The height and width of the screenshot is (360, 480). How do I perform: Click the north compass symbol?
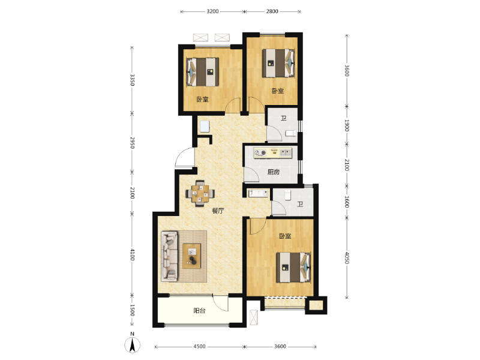(132, 344)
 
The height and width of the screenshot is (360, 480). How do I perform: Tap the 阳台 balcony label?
(199, 311)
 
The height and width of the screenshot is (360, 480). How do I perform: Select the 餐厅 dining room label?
(218, 211)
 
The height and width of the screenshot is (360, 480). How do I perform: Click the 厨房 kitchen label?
(274, 172)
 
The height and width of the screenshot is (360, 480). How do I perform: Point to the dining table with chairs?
(200, 193)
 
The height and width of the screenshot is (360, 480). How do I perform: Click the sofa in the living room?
(170, 256)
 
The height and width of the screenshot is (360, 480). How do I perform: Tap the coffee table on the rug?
(192, 256)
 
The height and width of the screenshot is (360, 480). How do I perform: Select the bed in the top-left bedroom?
(203, 72)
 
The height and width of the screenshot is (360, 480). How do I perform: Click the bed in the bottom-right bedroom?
(293, 267)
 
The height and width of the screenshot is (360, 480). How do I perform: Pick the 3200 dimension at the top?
(212, 11)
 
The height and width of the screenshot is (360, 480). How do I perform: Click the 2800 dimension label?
(272, 11)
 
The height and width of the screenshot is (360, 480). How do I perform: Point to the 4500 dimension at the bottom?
(199, 347)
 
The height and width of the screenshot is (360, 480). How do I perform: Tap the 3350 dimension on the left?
(132, 80)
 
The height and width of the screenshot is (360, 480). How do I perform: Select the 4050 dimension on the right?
(347, 258)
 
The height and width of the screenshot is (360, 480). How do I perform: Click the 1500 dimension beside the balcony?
(132, 310)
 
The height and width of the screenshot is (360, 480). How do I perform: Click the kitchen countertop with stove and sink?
(273, 152)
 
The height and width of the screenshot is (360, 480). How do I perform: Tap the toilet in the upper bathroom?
(291, 133)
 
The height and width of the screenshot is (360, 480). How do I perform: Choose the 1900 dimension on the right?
(347, 125)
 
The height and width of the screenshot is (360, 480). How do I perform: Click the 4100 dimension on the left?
(132, 254)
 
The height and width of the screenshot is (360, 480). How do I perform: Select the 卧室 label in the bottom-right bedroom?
(285, 236)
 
